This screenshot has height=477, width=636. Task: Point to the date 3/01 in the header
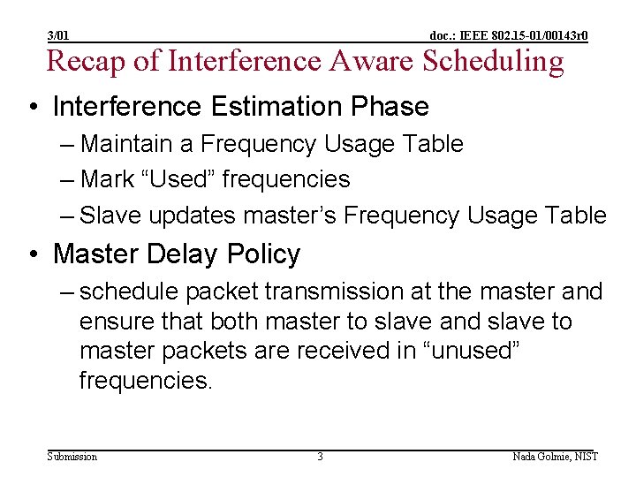click(x=59, y=35)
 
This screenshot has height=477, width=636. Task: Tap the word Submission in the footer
click(x=72, y=457)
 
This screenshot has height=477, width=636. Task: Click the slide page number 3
click(x=320, y=457)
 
